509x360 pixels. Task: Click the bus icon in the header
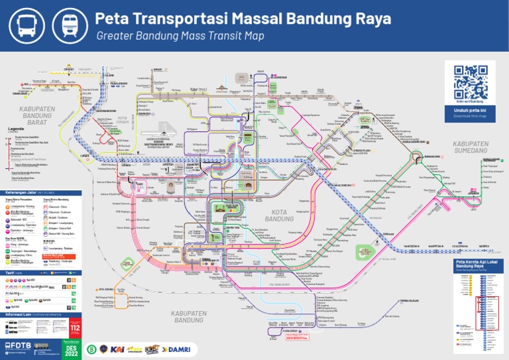click(26, 25)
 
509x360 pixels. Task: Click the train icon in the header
click(70, 25)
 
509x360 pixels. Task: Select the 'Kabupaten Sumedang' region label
click(471, 147)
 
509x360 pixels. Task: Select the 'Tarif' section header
click(9, 272)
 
